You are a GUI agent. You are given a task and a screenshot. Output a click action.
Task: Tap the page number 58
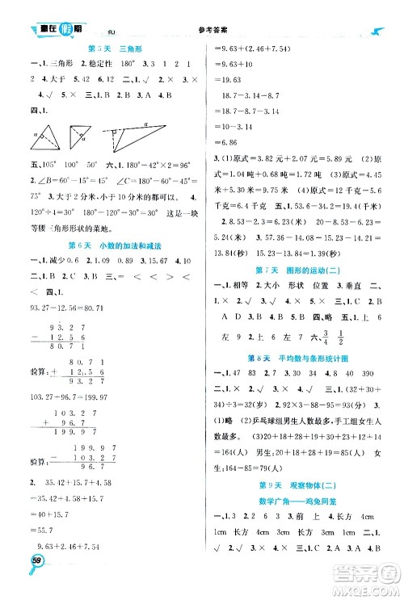[38, 581]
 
